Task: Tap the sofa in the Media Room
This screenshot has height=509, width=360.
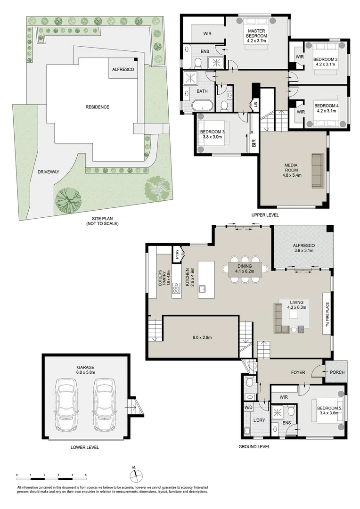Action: [x=317, y=170]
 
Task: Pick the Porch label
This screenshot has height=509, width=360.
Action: [x=337, y=372]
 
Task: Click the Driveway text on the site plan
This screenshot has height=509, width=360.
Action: [x=49, y=172]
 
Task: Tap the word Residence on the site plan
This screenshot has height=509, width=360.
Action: [x=97, y=107]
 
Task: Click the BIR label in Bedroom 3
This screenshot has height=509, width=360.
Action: [x=254, y=143]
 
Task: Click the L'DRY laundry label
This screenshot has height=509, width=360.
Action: [x=258, y=419]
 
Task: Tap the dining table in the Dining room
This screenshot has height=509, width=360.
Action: [x=245, y=269]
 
